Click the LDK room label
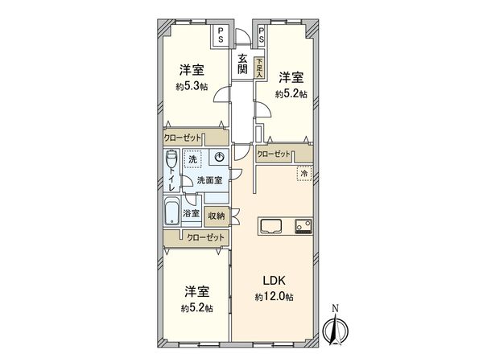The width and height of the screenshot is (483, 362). (272, 282)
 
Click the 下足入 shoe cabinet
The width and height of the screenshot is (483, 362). (258, 65)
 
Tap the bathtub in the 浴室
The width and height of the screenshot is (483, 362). (171, 213)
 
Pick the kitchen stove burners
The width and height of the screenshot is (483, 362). (303, 226)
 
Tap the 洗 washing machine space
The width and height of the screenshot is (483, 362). (192, 160)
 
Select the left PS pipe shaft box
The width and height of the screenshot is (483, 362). (221, 34)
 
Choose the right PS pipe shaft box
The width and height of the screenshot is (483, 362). (262, 34)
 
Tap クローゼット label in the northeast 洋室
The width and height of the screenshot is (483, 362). (274, 153)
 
